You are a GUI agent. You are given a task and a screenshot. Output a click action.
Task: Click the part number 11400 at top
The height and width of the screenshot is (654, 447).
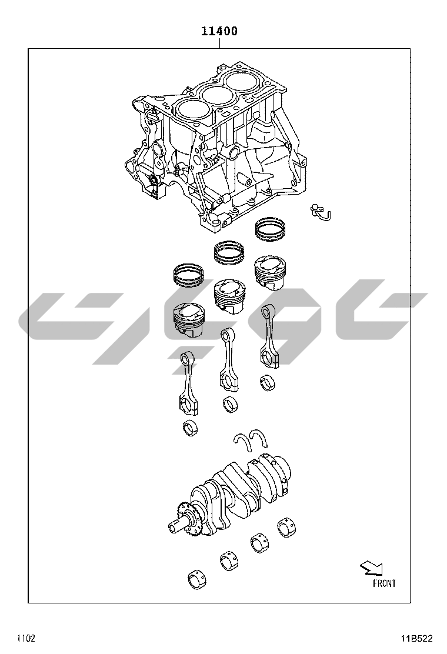point(219,31)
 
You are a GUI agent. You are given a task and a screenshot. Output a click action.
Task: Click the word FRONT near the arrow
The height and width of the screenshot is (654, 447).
point(384,583)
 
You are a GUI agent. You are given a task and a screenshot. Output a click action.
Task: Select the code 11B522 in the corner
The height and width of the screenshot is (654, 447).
point(417,638)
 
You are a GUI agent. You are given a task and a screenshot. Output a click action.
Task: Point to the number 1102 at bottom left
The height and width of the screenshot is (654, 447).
point(26,638)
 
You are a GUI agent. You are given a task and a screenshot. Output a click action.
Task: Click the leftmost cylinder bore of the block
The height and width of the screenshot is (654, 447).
point(193,109)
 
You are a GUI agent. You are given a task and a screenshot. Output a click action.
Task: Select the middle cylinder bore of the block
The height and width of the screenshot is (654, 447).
point(218,95)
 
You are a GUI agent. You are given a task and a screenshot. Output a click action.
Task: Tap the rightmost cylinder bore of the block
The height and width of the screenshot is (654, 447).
point(243,81)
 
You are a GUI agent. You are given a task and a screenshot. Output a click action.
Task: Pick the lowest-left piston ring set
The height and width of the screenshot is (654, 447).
point(189,275)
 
